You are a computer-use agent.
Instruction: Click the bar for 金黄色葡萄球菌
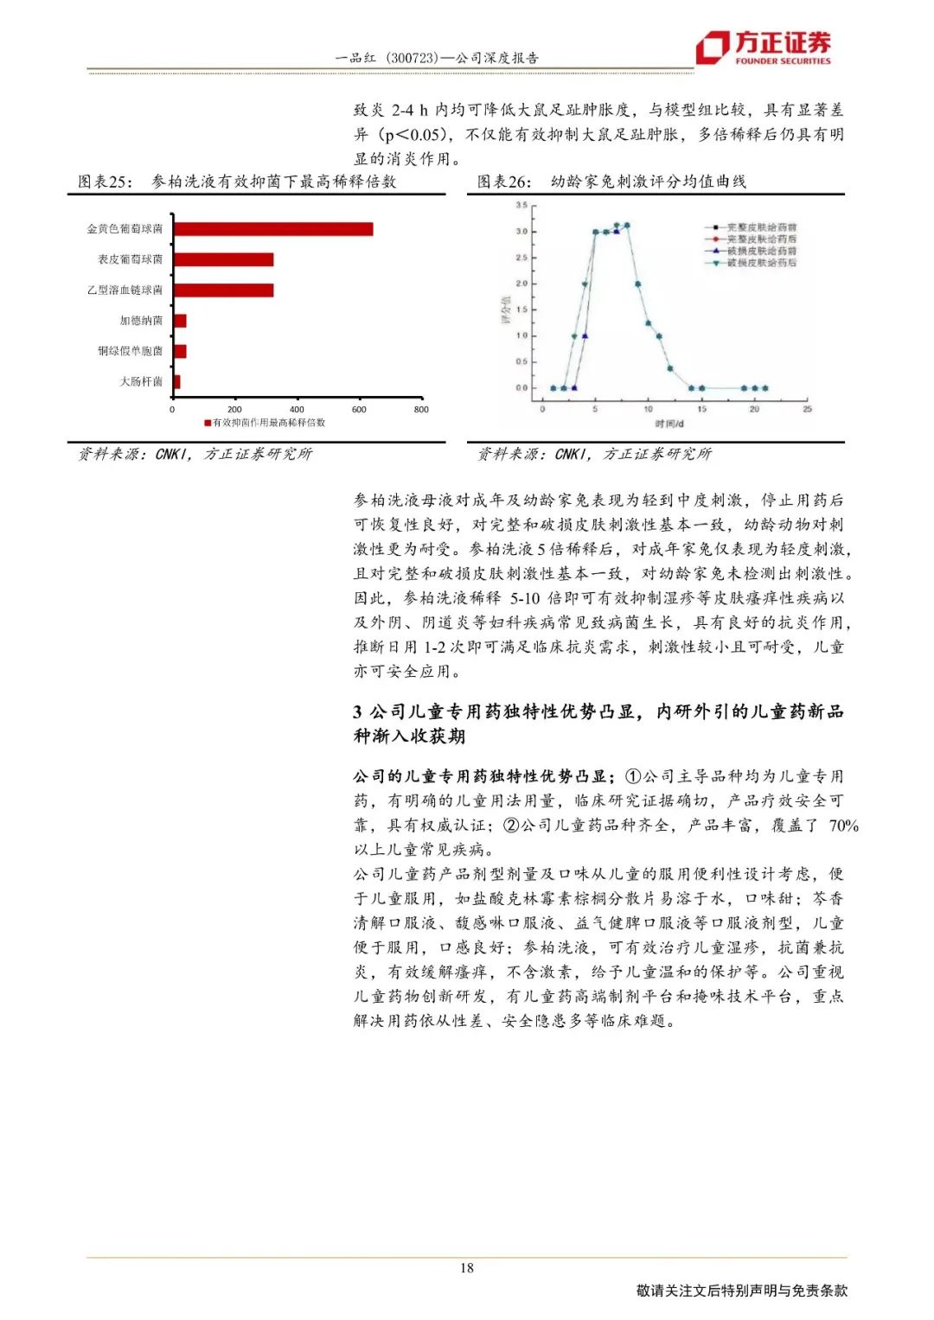pos(273,229)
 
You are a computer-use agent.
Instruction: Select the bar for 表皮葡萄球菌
pos(223,259)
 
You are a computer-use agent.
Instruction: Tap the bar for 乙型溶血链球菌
pos(223,290)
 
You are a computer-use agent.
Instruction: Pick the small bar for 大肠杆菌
pos(176,382)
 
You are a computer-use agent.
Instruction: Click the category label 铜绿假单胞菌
pos(130,351)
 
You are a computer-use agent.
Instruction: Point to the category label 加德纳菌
pos(141,321)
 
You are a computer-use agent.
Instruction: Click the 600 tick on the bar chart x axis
pos(359,410)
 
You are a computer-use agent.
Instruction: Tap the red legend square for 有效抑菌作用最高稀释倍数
pos(208,423)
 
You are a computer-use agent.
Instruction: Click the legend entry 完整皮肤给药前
pos(761,227)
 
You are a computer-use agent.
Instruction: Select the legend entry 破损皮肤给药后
pos(761,262)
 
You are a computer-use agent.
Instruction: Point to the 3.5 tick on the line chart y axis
pos(521,206)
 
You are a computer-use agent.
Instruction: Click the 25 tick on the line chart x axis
pos(807,409)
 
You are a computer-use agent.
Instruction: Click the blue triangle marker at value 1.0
pos(585,335)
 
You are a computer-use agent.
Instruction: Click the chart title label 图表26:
pos(504,182)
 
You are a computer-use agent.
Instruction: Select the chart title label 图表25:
pos(106,182)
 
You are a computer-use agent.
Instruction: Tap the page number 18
pos(467,1268)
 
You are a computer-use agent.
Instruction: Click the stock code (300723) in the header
pos(411,58)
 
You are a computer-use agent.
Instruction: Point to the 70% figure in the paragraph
pos(843,826)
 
